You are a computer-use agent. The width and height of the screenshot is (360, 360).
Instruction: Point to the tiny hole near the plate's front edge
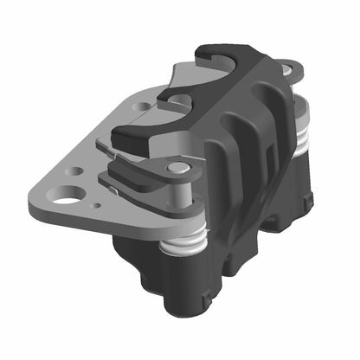[98, 205]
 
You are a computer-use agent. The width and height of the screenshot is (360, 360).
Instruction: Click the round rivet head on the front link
[177, 167]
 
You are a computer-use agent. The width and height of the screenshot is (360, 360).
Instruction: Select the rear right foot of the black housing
[303, 203]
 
